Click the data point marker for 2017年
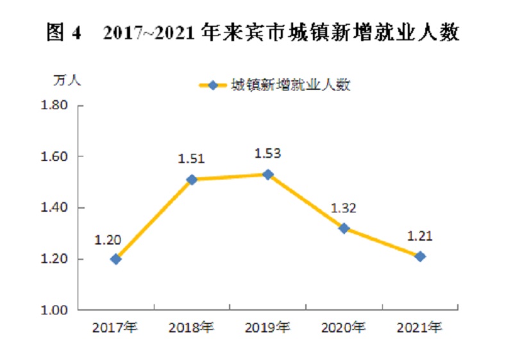click(x=115, y=259)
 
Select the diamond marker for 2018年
click(x=192, y=180)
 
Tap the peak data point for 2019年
click(x=268, y=175)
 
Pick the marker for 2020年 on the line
click(x=344, y=228)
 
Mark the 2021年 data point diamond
click(x=420, y=257)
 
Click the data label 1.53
click(x=267, y=153)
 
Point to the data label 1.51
click(x=191, y=159)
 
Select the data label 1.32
click(x=343, y=208)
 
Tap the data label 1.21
click(x=420, y=236)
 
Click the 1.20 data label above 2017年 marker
click(x=108, y=240)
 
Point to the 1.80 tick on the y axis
click(x=54, y=105)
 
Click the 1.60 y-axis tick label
click(x=54, y=157)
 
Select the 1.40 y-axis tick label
click(x=54, y=207)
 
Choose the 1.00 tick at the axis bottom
click(x=54, y=310)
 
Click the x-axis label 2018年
click(x=191, y=328)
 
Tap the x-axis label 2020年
click(x=344, y=328)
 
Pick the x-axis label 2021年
click(x=419, y=328)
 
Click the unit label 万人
click(x=67, y=80)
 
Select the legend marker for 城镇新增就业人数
click(x=213, y=86)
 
